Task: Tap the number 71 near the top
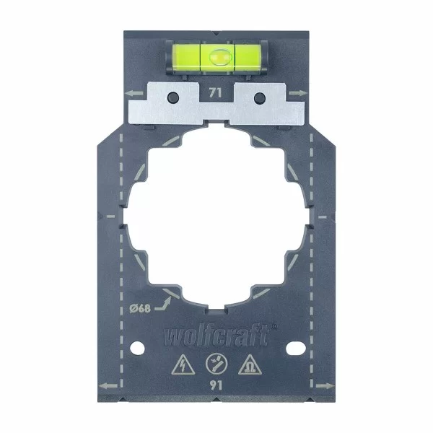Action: tap(214, 92)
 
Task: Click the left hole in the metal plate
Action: tap(172, 97)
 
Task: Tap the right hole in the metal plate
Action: tap(259, 97)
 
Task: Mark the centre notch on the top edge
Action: tap(216, 31)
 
